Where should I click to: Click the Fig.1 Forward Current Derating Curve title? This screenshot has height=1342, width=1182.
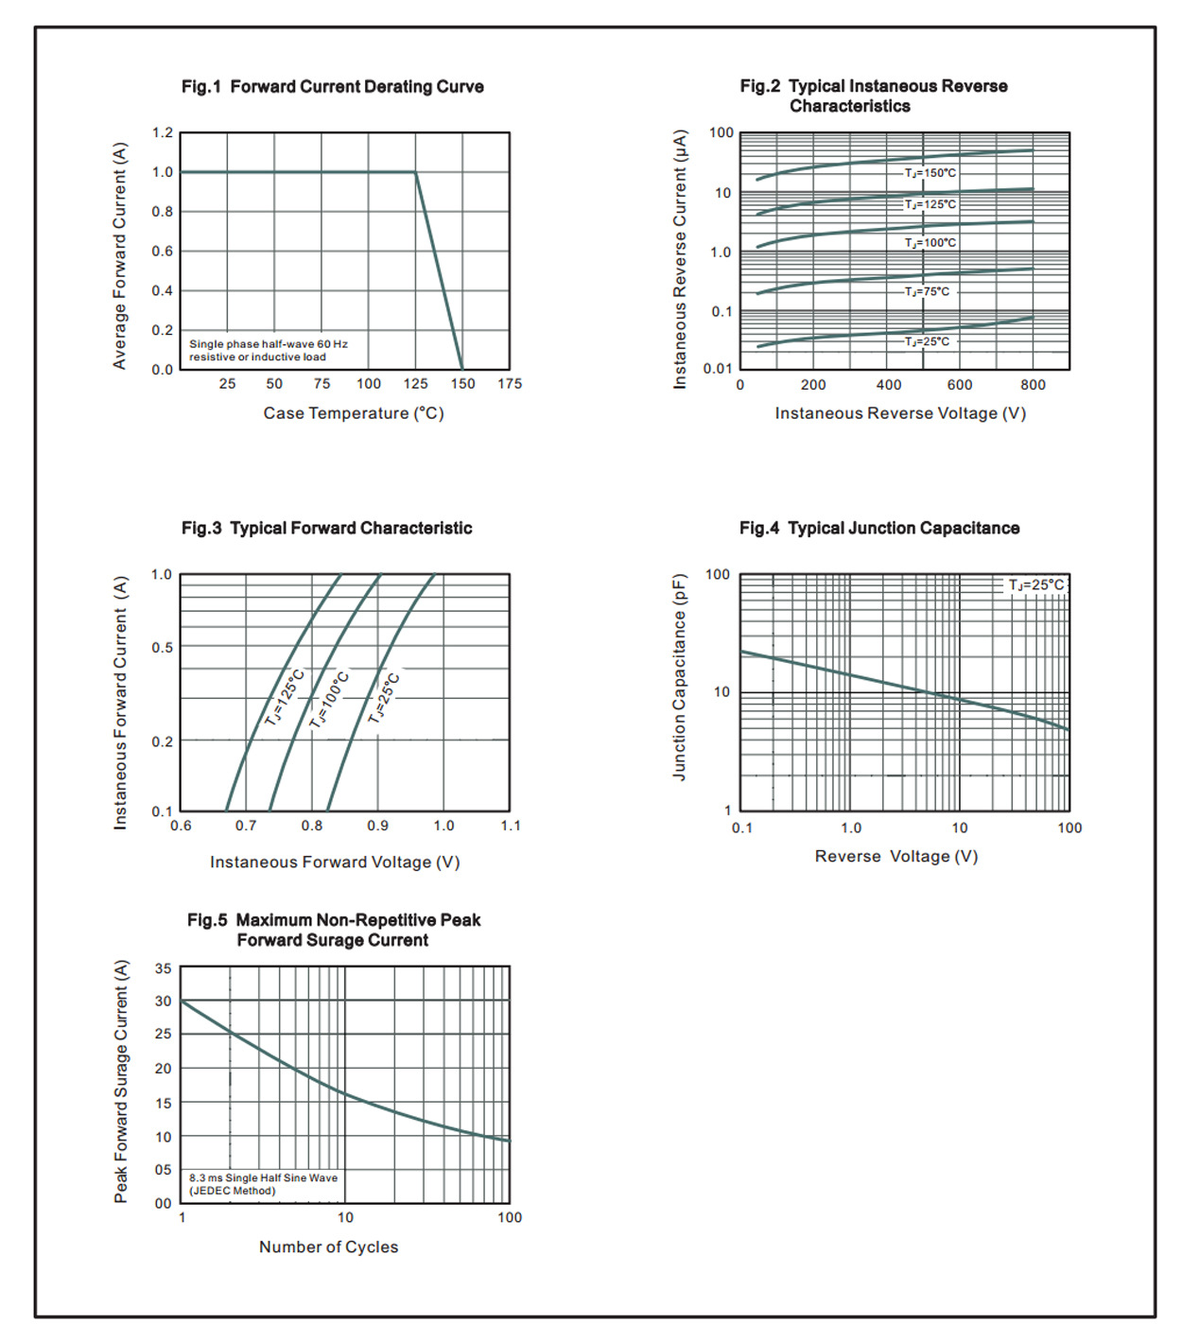332,87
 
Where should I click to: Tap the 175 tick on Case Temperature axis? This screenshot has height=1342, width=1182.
510,384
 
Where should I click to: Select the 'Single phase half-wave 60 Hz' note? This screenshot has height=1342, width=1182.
269,344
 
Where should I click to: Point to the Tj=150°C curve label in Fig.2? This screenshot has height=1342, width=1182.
930,173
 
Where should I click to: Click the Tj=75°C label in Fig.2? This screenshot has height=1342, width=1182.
927,291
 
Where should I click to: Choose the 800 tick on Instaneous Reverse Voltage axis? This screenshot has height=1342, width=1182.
1033,385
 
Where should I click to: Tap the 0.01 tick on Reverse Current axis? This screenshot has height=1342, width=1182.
718,369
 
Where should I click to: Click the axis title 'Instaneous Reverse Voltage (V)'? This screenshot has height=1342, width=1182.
900,413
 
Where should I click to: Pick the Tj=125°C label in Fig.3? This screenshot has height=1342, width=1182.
285,697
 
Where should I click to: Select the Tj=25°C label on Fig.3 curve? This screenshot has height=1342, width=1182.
385,698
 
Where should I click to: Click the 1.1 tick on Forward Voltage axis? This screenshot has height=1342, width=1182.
511,826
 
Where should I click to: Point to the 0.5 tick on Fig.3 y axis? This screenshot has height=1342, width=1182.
163,648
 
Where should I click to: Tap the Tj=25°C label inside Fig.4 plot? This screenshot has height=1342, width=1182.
1035,585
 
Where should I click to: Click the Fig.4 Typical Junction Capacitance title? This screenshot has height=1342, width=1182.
879,529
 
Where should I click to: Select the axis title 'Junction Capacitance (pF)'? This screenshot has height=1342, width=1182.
679,677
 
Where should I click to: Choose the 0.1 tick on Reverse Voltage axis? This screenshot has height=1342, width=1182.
742,828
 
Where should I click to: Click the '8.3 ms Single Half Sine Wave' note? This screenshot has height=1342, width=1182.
263,1178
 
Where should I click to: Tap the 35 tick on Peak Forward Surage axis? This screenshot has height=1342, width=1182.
164,968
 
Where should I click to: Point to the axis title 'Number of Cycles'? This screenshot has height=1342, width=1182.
328,1247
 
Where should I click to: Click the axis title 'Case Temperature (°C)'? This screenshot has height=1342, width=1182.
354,413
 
